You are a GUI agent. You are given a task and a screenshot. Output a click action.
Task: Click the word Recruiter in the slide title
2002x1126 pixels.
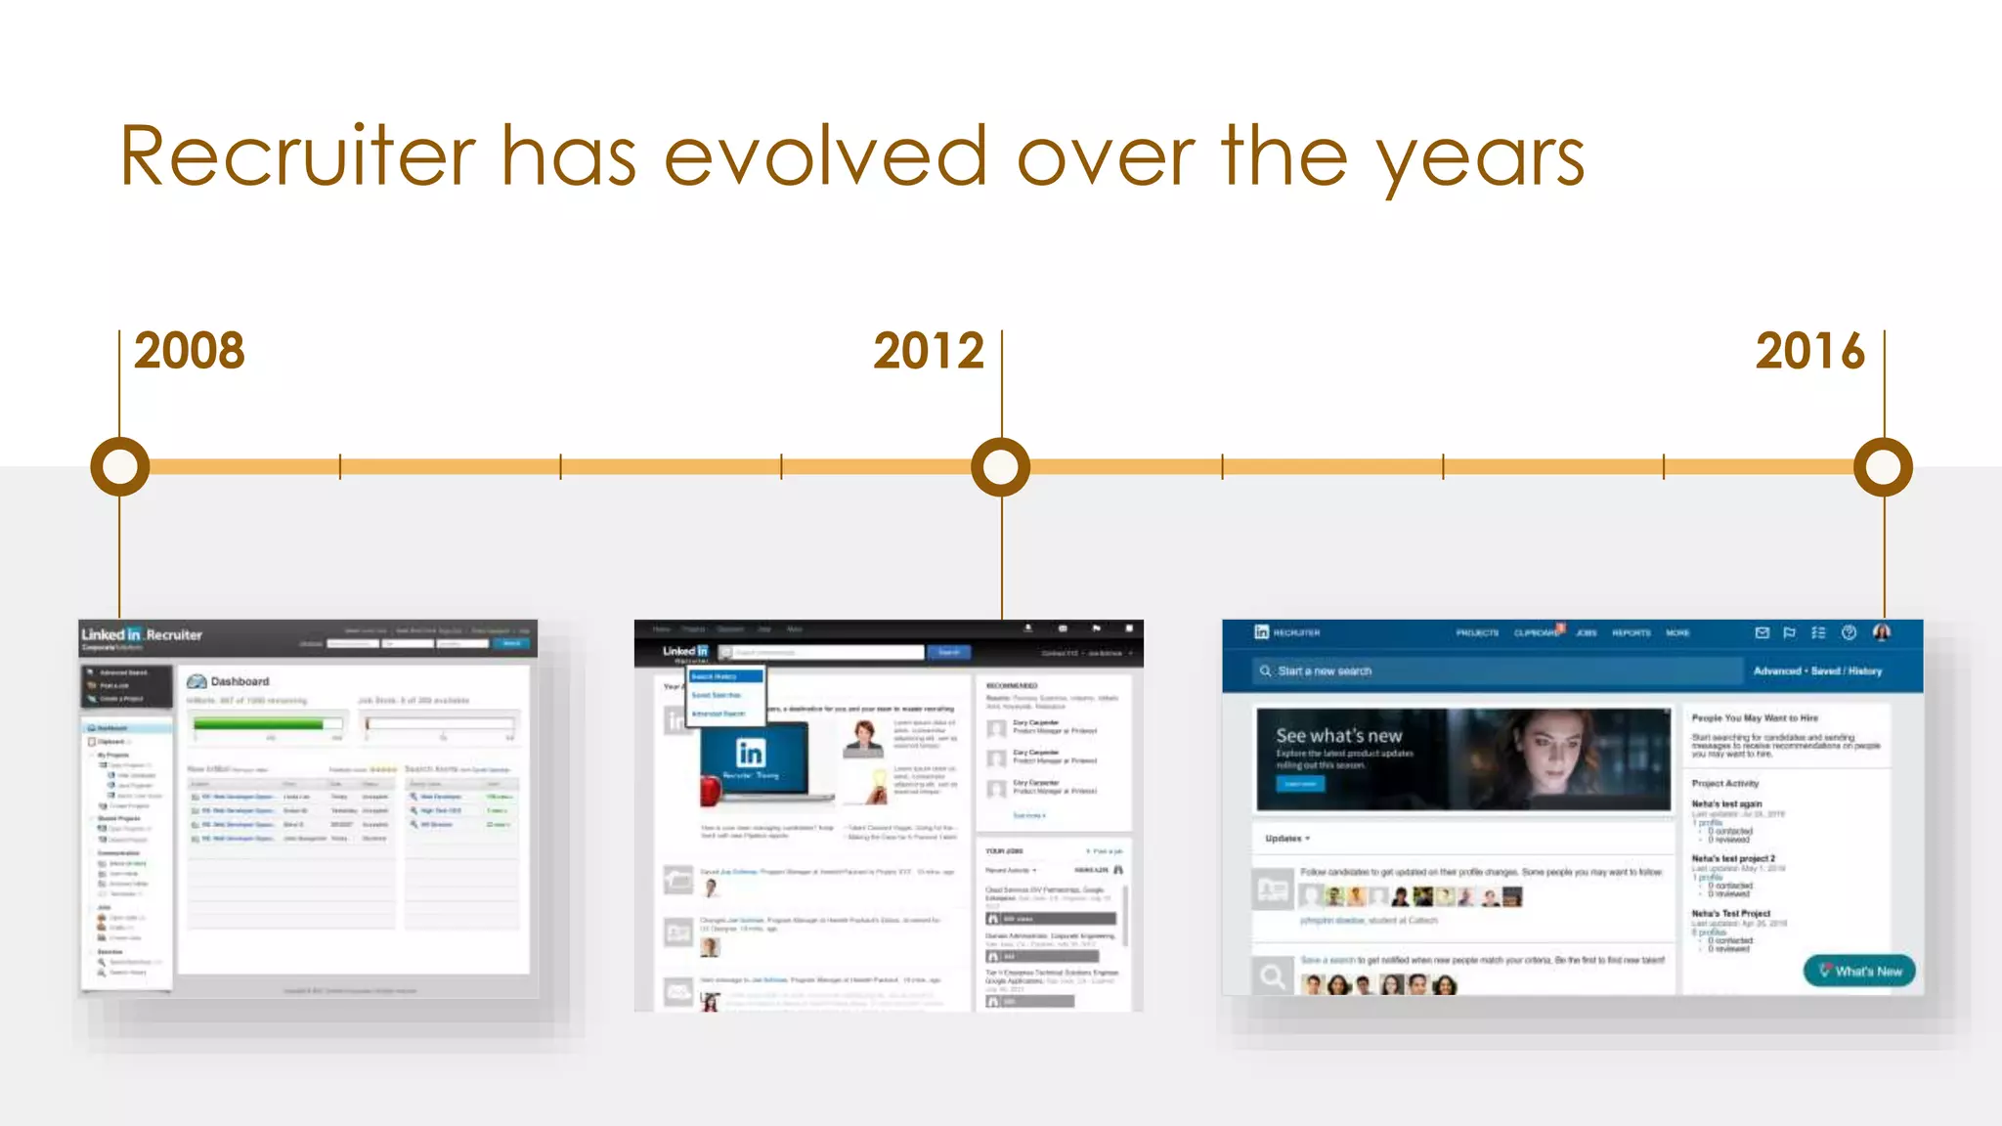[x=298, y=156]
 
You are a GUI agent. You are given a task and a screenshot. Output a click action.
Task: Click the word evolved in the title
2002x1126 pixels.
[x=826, y=156]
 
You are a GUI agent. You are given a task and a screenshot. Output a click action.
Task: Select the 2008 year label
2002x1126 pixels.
[x=190, y=352]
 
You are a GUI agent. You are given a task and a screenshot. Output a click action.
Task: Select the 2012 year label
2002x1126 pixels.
[x=929, y=352]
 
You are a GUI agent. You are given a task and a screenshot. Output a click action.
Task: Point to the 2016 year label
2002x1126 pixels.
[x=1810, y=352]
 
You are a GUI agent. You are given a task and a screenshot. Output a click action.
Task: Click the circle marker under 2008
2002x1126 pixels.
[x=119, y=466]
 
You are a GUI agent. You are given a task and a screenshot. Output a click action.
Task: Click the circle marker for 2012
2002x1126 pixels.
[x=1001, y=466]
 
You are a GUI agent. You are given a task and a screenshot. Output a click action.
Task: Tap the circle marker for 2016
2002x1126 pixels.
[x=1884, y=466]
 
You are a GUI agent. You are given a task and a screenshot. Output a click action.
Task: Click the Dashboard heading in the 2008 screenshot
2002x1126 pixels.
[x=239, y=681]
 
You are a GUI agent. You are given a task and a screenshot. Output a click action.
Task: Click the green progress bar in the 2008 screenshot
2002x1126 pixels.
[x=259, y=724]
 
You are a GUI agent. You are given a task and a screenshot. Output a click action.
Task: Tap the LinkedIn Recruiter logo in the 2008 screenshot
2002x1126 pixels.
[x=142, y=635]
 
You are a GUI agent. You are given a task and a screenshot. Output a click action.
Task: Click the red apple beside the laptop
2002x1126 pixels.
[x=711, y=789]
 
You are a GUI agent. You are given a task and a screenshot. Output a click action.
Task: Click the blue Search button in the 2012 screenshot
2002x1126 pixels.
[x=949, y=652]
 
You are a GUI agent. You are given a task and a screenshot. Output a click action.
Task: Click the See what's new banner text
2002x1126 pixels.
[x=1338, y=736]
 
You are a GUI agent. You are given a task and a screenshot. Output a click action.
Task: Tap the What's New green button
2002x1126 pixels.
[x=1859, y=971]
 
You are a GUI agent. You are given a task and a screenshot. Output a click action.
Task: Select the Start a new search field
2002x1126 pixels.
[x=1496, y=671]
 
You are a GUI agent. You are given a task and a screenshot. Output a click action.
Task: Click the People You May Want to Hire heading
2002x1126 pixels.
[x=1755, y=718]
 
